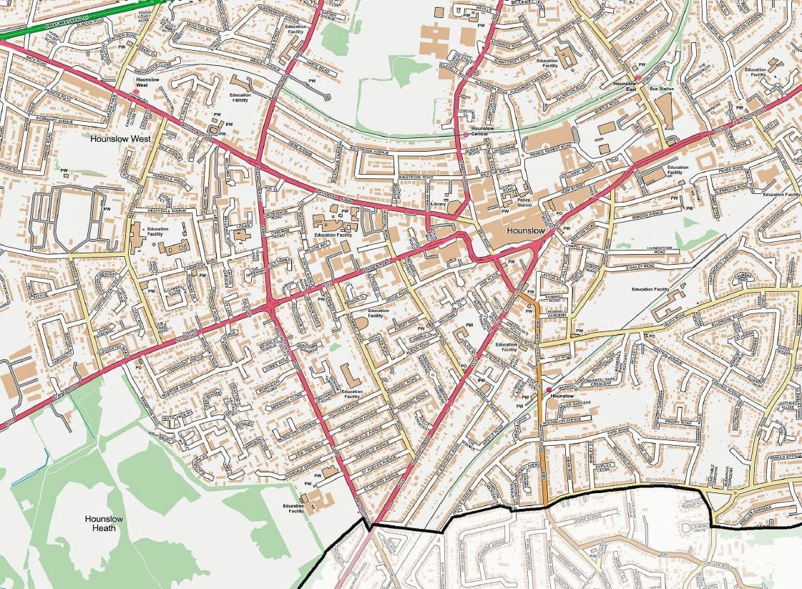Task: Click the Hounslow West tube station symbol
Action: (x=136, y=92)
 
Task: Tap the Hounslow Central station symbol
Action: (x=466, y=135)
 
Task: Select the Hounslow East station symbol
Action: (x=637, y=78)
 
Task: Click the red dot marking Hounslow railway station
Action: (x=549, y=389)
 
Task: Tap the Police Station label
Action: (x=524, y=202)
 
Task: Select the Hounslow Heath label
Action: (x=104, y=523)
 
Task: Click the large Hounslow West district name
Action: (x=121, y=138)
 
